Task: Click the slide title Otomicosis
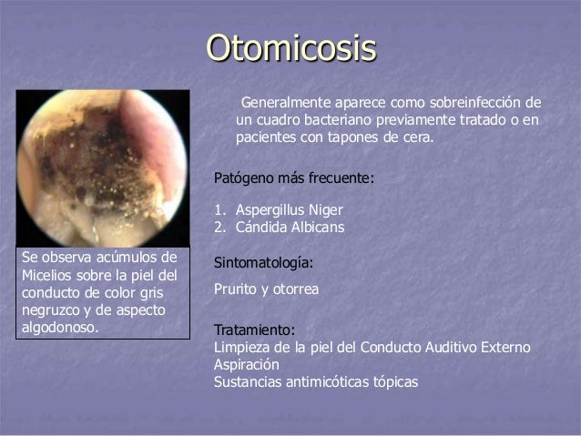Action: [290, 48]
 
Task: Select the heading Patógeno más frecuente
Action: [292, 177]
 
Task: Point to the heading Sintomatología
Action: [263, 263]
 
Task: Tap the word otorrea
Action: [297, 289]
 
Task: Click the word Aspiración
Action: [246, 364]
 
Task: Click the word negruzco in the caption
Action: [48, 309]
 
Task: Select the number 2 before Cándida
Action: [218, 227]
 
